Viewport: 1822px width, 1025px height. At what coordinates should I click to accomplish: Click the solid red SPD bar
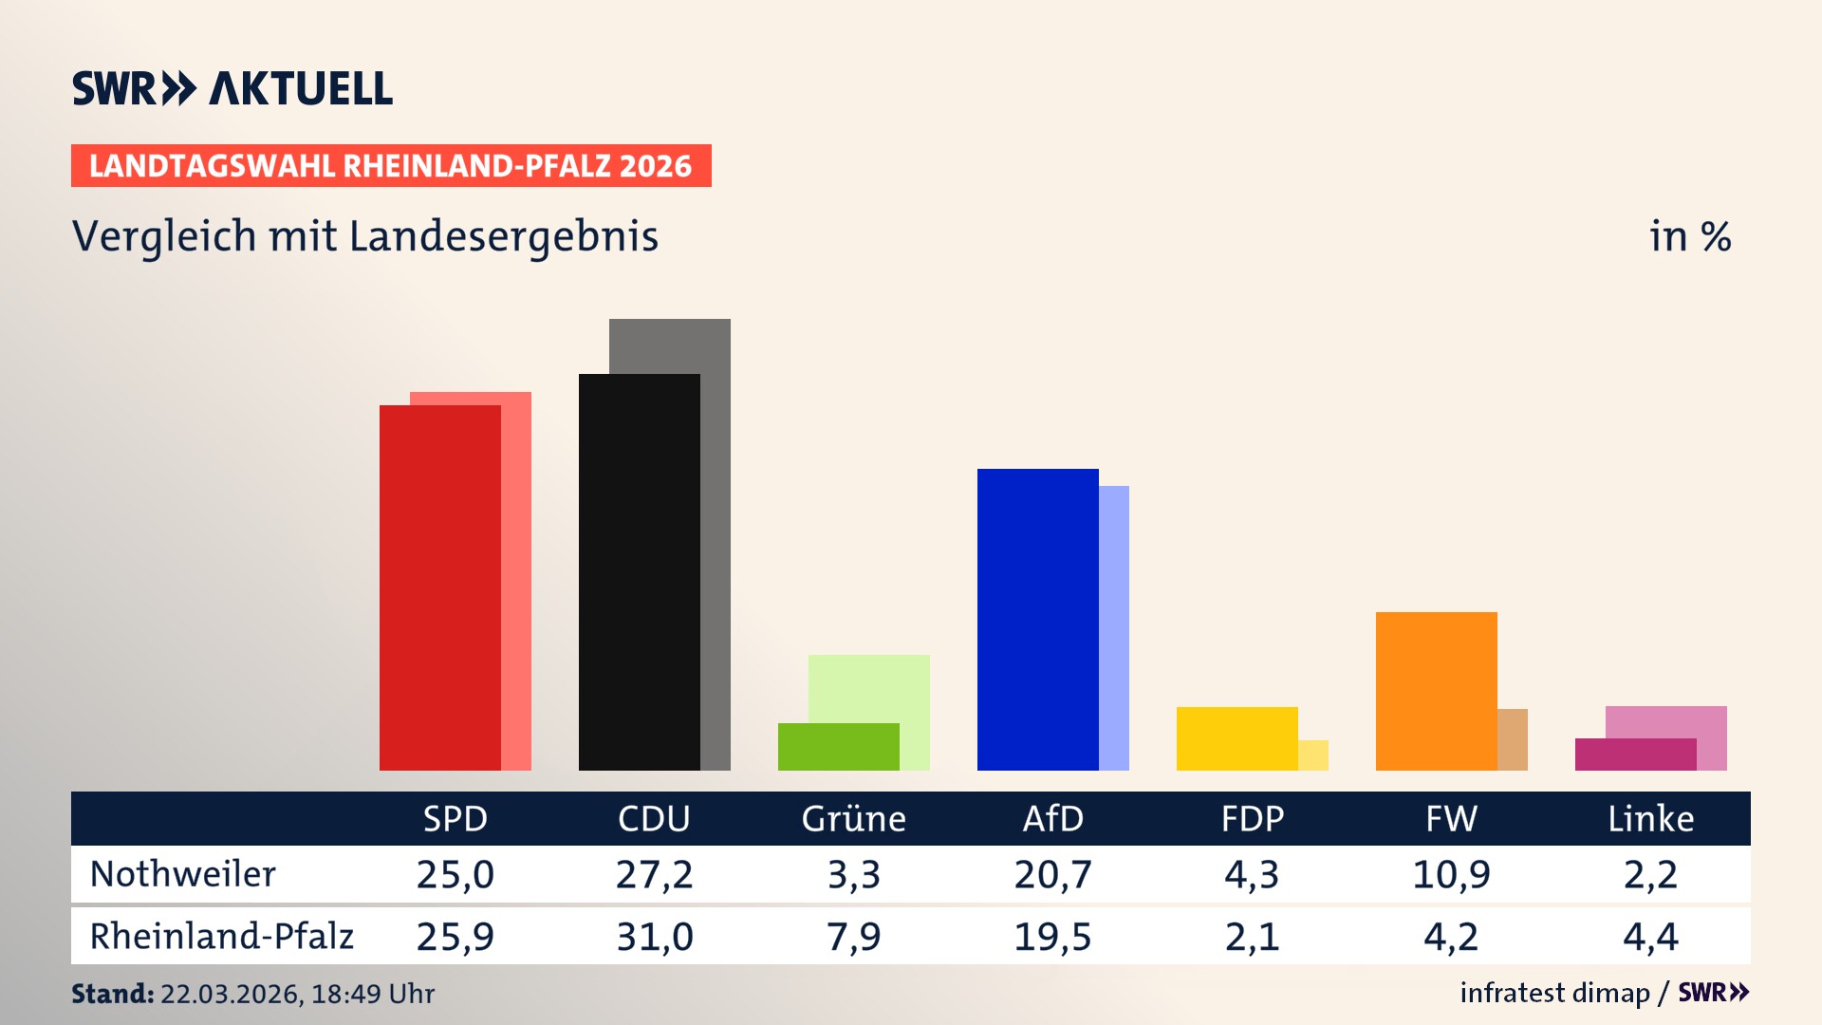(x=440, y=588)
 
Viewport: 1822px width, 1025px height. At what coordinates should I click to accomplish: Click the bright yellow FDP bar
(x=1236, y=738)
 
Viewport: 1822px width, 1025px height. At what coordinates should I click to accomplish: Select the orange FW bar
(x=1436, y=691)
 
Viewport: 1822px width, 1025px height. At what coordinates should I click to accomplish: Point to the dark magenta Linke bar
(x=1635, y=755)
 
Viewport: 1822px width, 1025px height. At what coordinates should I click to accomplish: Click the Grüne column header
(x=853, y=819)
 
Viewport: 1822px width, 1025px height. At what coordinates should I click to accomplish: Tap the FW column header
(x=1451, y=819)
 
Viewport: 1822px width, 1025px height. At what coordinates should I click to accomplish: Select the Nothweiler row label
(x=182, y=874)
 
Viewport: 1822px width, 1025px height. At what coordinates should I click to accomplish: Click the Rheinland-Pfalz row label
(x=221, y=937)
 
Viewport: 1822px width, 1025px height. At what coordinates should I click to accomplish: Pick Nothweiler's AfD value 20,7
(x=1052, y=874)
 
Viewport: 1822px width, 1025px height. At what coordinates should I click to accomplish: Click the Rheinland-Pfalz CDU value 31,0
(x=654, y=937)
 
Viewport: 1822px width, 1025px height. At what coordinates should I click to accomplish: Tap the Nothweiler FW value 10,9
(x=1451, y=874)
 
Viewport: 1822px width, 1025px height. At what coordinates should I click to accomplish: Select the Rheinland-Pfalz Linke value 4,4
(x=1650, y=937)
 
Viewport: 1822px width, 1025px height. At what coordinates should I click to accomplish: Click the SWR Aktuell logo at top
(x=232, y=88)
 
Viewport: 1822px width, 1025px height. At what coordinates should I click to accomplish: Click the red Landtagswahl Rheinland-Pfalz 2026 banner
(x=391, y=166)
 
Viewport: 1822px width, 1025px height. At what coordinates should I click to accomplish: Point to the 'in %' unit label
(x=1689, y=237)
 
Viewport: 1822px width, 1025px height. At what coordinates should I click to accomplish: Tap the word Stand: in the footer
(x=112, y=994)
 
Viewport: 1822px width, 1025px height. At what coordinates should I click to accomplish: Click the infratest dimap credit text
(x=1554, y=993)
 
